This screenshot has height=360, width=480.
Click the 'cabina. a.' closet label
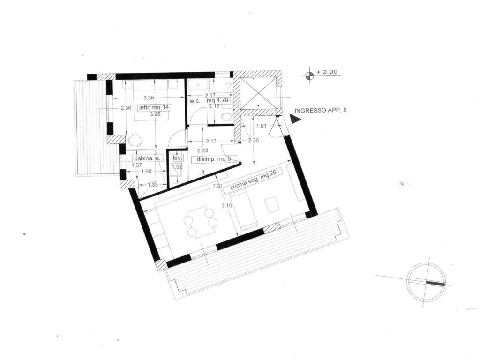coord(147,158)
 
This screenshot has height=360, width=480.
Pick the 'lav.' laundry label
coord(177,158)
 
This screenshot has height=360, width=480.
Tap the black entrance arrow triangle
coord(296,120)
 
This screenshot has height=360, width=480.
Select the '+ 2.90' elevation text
coord(327,72)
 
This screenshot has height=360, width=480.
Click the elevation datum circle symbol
coord(309,75)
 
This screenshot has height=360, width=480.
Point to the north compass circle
coord(425,282)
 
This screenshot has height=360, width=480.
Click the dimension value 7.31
coord(217,186)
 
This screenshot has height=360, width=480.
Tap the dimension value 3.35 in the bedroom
coord(149,97)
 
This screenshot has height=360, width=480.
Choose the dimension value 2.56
coord(125,108)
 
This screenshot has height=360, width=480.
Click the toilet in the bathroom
coord(227,117)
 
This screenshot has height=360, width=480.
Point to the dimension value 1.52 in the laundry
coord(177,167)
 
